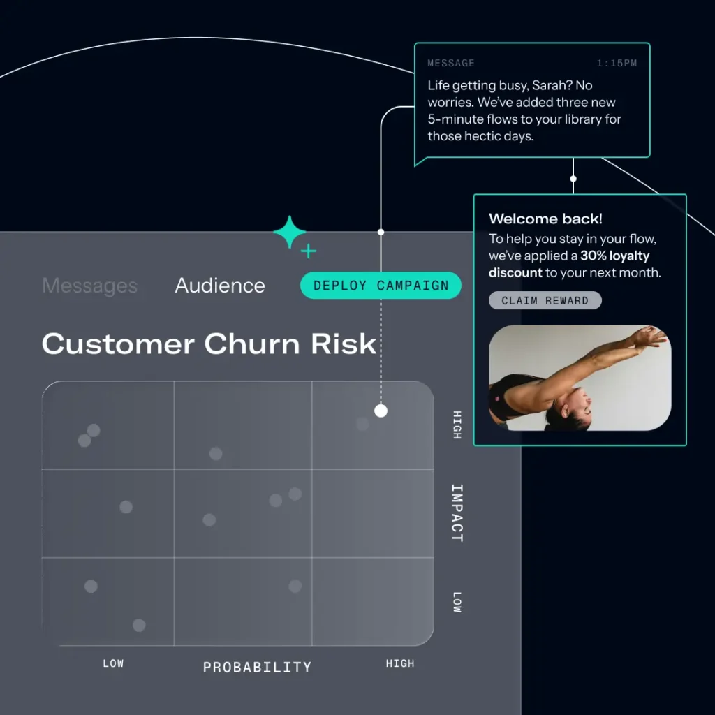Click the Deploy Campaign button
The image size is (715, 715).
[381, 286]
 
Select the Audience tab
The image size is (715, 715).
[220, 286]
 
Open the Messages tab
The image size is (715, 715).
[89, 286]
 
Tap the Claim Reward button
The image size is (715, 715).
[545, 301]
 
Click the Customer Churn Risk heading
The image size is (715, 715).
[209, 344]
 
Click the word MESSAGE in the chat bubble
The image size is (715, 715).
[450, 64]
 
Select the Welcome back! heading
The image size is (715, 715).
[545, 219]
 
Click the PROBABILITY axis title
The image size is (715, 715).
[257, 668]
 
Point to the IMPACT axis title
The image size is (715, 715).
[457, 513]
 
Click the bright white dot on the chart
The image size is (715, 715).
[381, 411]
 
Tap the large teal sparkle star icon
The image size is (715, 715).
[289, 233]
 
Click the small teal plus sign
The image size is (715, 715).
[309, 251]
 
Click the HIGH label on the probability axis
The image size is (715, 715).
[399, 663]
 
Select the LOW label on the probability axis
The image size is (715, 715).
[113, 663]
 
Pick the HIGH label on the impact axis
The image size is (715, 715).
[457, 425]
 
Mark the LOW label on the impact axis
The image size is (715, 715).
[457, 602]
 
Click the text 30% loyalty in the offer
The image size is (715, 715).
[614, 256]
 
